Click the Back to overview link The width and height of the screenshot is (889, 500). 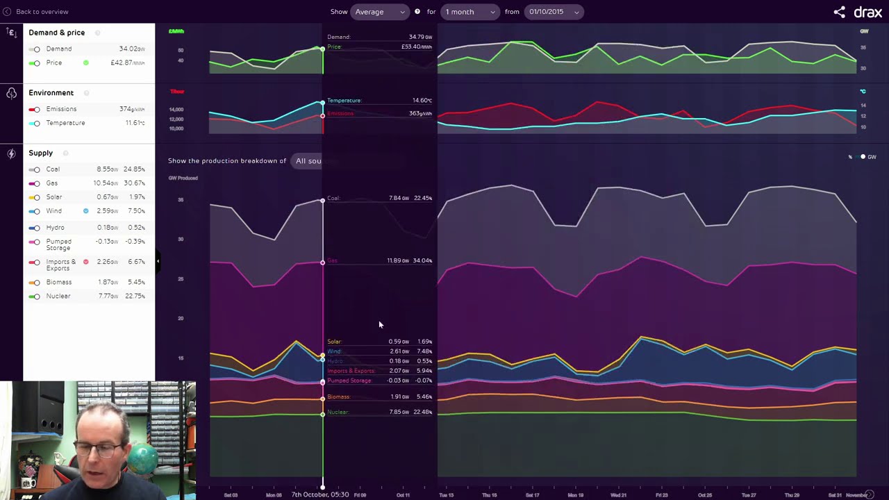coord(42,12)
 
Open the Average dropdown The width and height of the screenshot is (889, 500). coord(379,12)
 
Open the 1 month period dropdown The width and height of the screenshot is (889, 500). coord(470,12)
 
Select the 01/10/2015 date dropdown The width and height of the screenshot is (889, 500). coord(554,12)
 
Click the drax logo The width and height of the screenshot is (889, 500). coord(867,12)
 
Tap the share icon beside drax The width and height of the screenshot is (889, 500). coord(840,12)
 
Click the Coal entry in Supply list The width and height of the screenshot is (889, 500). coord(53,169)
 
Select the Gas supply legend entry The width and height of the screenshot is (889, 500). coord(52,183)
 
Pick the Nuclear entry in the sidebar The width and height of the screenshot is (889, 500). coord(58,296)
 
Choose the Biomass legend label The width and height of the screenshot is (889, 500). coord(58,282)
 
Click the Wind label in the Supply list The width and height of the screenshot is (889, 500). coord(53,210)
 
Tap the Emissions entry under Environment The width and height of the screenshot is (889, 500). coord(61,109)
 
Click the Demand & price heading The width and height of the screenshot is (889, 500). coord(56,33)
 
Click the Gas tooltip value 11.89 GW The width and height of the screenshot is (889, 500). coord(399,260)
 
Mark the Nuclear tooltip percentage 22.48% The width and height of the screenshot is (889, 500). coord(423,412)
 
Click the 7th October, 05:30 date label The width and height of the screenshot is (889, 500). coord(320,494)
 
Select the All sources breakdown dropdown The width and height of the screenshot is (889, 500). coord(308,161)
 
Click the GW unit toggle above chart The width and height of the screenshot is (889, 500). coord(868,157)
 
